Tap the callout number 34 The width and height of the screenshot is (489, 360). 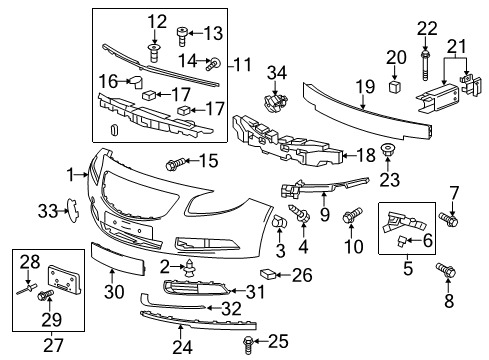coord(273,71)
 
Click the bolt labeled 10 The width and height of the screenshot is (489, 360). coord(352,215)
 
